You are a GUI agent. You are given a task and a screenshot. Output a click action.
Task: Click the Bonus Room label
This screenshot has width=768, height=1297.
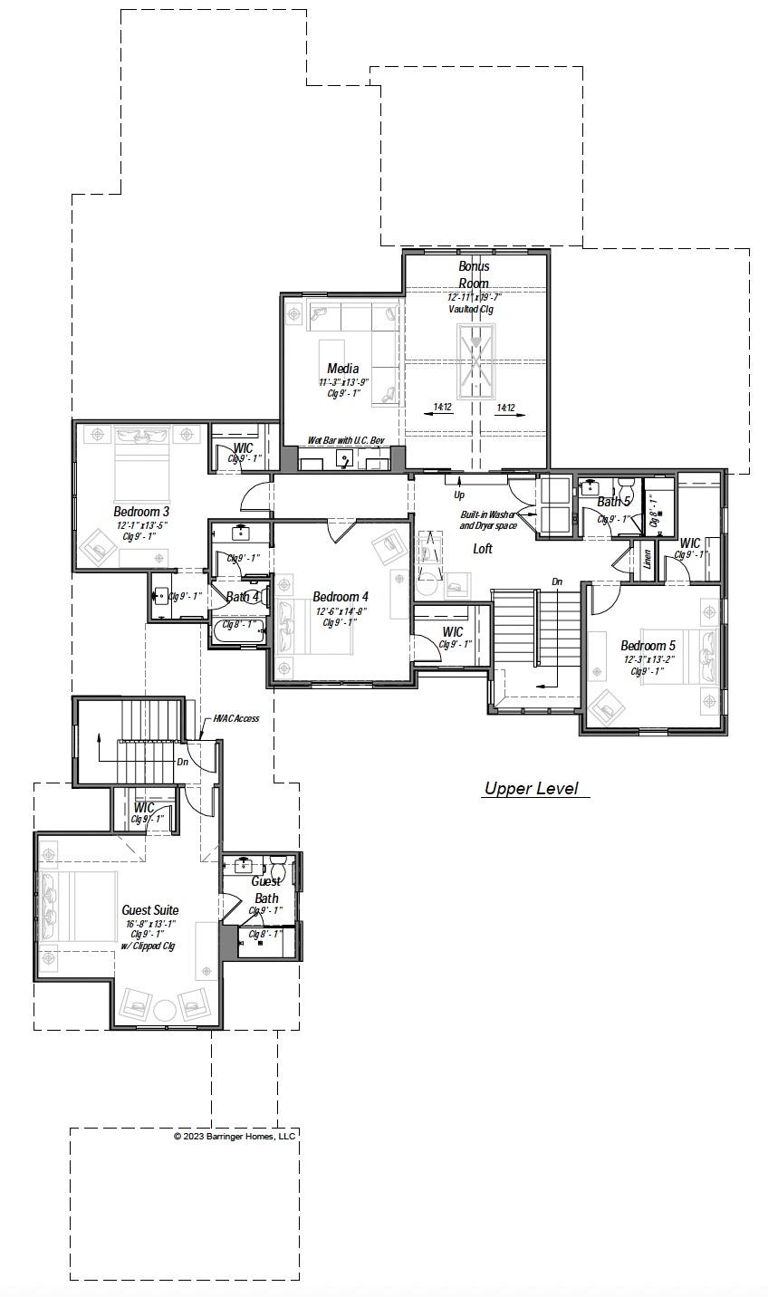pos(474,274)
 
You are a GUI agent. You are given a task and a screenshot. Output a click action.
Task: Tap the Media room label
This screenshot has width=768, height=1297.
pos(343,369)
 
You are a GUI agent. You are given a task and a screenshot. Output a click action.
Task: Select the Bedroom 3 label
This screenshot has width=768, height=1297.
pos(141,512)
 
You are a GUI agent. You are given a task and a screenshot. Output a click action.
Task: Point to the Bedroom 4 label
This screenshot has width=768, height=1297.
pos(341,597)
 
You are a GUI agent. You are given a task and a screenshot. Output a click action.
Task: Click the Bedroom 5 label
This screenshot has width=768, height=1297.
pos(648,646)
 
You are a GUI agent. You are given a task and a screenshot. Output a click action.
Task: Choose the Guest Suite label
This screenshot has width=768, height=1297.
pos(150,910)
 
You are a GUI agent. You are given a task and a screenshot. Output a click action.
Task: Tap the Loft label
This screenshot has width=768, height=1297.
pos(483,549)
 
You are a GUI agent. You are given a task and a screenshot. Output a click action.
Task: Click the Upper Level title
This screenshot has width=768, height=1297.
pos(531,789)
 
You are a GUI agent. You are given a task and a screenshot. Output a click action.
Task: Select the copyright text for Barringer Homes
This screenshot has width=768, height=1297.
pos(235,1136)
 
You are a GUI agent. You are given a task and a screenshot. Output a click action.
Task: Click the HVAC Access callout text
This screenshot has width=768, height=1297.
pos(235,719)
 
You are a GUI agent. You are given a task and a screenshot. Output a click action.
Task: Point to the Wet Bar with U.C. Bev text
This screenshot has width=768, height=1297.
pos(346,440)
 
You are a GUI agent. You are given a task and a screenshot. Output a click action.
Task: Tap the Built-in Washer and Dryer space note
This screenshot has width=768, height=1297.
pos(487,520)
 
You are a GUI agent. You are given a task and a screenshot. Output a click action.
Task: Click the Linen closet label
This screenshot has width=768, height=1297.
pos(647,559)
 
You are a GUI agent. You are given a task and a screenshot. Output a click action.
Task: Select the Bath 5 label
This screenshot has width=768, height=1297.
pos(613,502)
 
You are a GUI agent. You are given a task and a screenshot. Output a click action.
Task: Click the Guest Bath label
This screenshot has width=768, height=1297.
pos(265,889)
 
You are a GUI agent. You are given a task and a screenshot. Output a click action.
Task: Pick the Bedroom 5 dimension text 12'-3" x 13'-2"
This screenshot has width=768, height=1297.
pos(648,659)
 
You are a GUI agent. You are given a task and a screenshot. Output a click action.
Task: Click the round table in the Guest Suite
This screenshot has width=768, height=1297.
pos(165,1010)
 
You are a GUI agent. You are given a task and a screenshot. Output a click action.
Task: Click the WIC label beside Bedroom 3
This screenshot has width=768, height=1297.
pos(244,448)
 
